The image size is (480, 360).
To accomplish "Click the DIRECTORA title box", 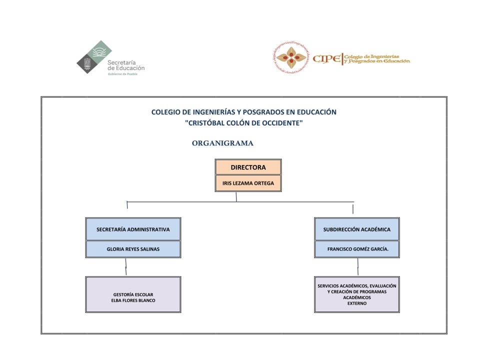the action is [x=248, y=167].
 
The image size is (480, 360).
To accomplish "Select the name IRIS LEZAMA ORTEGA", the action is [x=248, y=183].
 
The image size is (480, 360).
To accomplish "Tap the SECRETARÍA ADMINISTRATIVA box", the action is [x=133, y=229].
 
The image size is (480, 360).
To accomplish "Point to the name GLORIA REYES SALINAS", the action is [x=133, y=249].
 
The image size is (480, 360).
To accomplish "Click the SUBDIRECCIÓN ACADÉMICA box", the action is [x=357, y=229].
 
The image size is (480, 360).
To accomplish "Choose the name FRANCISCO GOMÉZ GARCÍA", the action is [x=358, y=249].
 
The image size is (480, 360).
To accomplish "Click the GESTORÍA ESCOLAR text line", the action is [x=133, y=294].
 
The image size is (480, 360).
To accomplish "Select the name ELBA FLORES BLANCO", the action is [x=133, y=300].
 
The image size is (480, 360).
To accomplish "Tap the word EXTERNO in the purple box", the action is [x=357, y=303].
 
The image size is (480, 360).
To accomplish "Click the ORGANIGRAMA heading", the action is [x=222, y=143].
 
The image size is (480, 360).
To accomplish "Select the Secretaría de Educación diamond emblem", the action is [x=94, y=57].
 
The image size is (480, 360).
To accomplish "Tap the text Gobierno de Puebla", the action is [x=122, y=74].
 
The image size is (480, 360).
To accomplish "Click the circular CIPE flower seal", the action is [x=291, y=58].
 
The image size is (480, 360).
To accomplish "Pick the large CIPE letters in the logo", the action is [x=327, y=58].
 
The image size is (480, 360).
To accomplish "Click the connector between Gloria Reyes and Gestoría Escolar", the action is [x=126, y=267].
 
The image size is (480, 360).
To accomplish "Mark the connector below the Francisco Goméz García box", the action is [x=358, y=267].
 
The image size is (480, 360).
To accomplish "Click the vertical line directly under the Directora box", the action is [x=236, y=197].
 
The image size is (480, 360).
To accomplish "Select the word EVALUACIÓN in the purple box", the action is [x=383, y=286].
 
